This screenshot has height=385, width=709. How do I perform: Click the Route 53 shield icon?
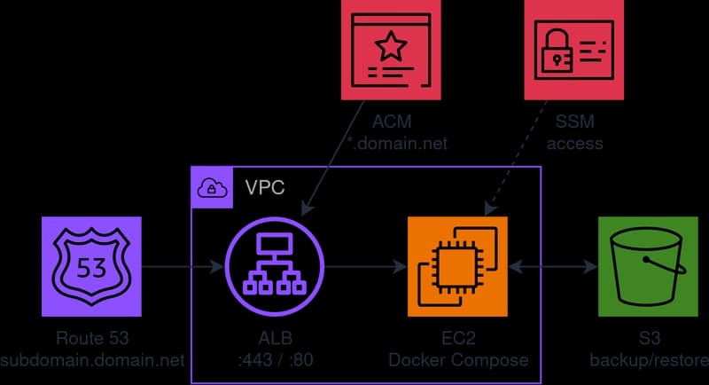click(91, 265)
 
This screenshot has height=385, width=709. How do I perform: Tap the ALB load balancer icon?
click(275, 265)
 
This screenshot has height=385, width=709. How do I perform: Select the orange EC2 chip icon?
click(457, 265)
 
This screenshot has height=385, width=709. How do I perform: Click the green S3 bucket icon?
click(648, 265)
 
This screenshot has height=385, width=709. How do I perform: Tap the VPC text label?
click(263, 187)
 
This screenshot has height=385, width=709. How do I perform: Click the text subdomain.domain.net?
click(92, 359)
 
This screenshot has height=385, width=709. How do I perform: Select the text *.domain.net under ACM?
click(392, 143)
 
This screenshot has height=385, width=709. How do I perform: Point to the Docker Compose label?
click(457, 359)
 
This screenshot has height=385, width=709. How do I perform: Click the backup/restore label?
click(649, 359)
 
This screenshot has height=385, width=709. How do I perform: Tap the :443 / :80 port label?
click(275, 359)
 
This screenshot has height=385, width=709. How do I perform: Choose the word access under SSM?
click(575, 143)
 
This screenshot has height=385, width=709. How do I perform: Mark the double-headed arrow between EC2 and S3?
click(551, 265)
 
